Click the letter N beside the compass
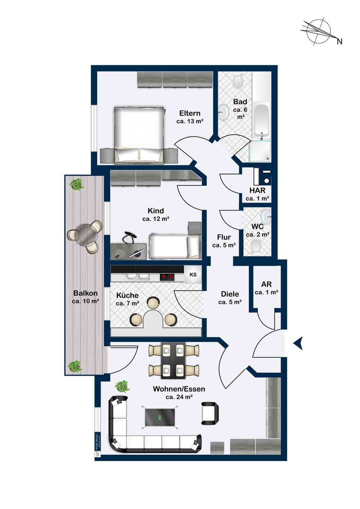point(339,41)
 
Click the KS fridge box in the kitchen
point(193,275)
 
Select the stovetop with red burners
point(167,277)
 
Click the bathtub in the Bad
point(262,120)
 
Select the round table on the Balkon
point(85,234)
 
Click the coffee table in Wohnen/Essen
point(160,417)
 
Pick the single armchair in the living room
point(210,413)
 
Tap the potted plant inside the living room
point(122,387)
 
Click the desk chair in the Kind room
point(129,237)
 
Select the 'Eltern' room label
point(190,113)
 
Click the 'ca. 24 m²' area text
point(179,397)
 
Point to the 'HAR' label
point(257,191)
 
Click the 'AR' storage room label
point(266,284)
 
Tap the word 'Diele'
point(230,294)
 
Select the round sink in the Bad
point(223,111)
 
